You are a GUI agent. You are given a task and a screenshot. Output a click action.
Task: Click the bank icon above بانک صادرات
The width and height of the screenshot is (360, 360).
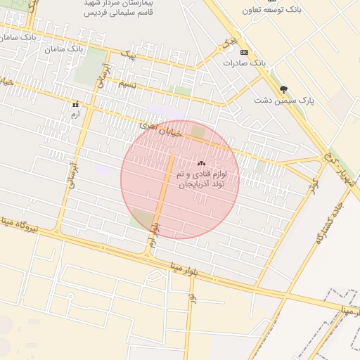point(244,53)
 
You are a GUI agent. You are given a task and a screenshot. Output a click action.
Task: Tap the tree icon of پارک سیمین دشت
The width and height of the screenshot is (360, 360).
point(283,89)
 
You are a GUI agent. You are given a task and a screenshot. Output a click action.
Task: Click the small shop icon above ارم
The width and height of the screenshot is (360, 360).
point(76,104)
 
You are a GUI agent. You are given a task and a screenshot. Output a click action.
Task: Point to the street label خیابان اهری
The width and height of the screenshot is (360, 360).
point(161,128)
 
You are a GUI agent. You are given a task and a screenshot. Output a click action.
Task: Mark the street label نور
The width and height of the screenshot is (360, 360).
point(191,298)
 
